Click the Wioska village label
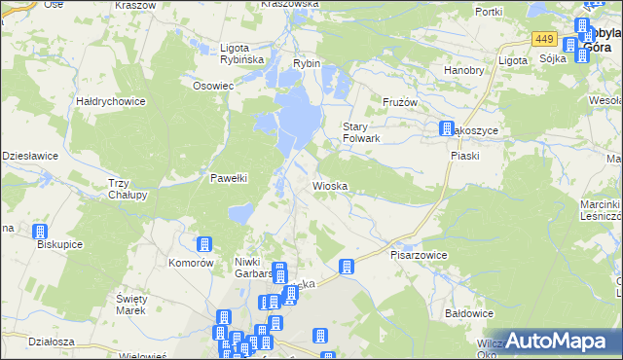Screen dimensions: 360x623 coord(330,185)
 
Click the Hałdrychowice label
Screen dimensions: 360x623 coord(110,100)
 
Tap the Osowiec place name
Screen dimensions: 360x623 coord(213,86)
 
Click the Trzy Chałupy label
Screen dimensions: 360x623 coord(127,189)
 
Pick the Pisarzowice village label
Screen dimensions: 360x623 coord(419,255)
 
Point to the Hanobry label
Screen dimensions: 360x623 coord(463,70)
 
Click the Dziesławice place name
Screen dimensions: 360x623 coord(30,155)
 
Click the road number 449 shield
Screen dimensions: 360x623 coord(544,40)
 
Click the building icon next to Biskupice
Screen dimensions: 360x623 coord(41,232)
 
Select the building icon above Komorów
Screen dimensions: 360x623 coord(204,245)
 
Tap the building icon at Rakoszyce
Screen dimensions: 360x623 coord(446,127)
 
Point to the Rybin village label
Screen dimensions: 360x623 coord(307,63)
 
